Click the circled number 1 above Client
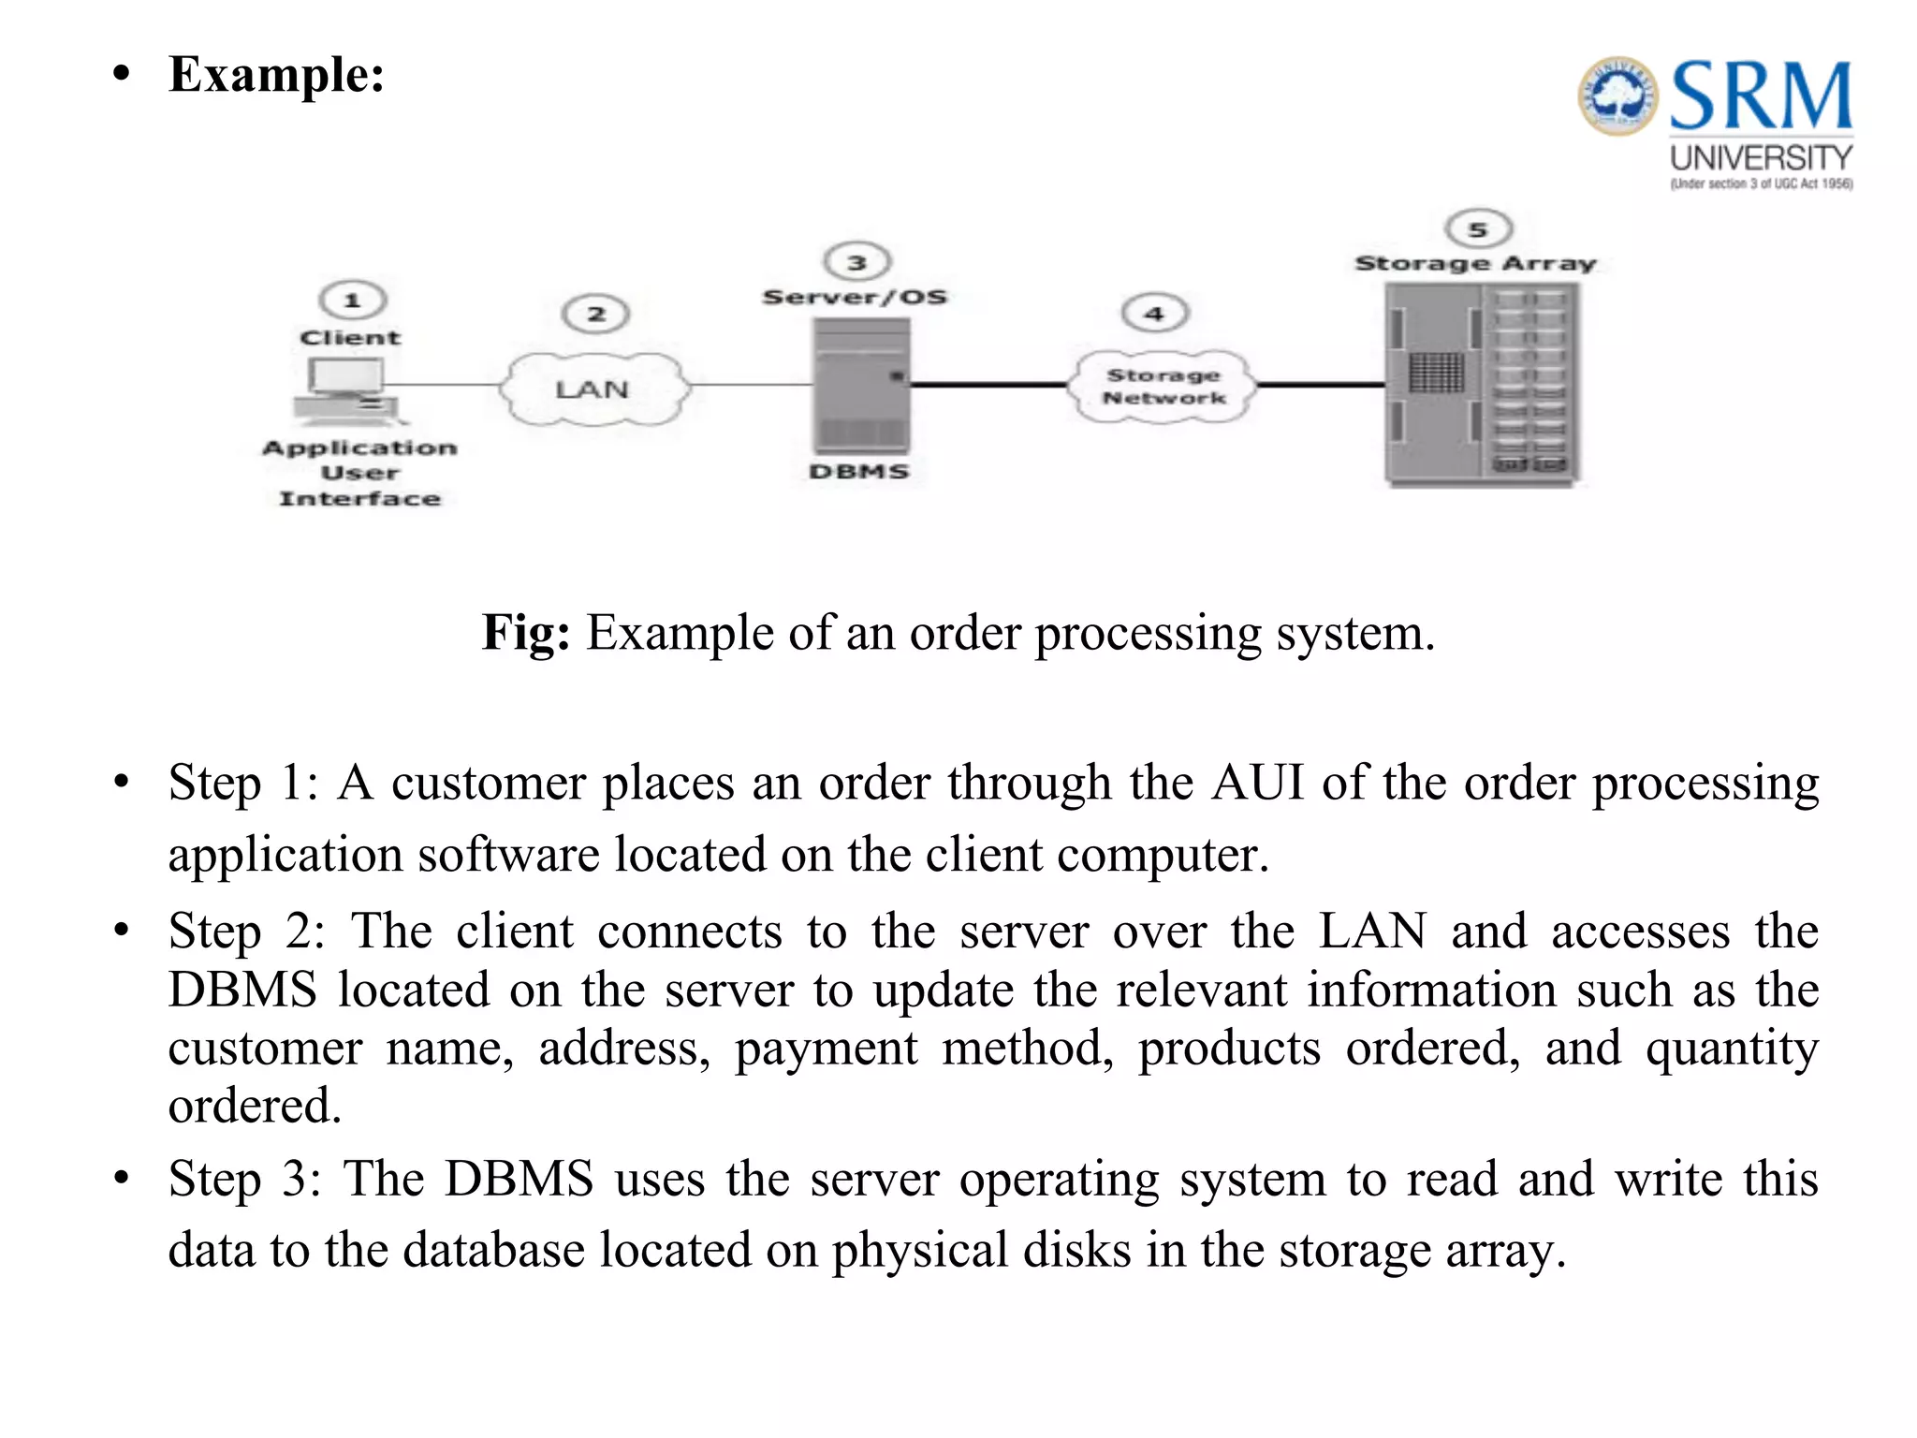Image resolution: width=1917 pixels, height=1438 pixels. [x=353, y=301]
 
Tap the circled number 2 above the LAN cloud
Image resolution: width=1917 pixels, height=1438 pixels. [x=595, y=314]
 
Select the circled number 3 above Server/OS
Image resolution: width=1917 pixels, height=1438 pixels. [x=856, y=262]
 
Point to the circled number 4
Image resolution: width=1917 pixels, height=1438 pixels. [x=1155, y=314]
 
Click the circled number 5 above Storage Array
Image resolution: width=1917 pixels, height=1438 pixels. [x=1478, y=228]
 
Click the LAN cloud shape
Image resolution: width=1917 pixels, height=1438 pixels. [x=593, y=389]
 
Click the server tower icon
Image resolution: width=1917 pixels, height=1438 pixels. [x=861, y=386]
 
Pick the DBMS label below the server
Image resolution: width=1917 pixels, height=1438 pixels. [x=859, y=472]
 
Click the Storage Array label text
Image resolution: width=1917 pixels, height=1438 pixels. [x=1475, y=264]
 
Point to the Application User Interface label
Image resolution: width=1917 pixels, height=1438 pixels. [x=359, y=474]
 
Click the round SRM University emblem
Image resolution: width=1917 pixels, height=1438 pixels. [x=1617, y=95]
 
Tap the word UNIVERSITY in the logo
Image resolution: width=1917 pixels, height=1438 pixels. [x=1761, y=157]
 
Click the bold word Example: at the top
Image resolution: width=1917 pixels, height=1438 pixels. [x=276, y=75]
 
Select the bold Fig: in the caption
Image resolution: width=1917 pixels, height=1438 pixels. [x=525, y=633]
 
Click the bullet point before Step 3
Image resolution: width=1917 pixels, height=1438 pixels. [x=121, y=1179]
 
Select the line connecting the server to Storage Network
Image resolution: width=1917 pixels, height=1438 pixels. [x=989, y=385]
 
